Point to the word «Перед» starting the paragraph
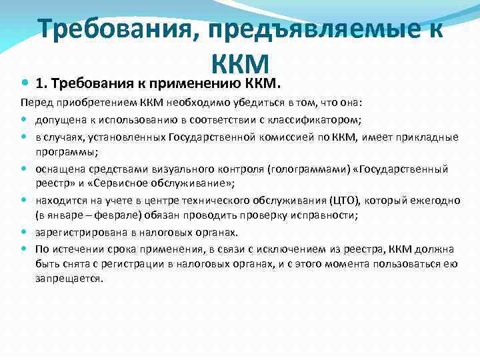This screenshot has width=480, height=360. tap(34, 104)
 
